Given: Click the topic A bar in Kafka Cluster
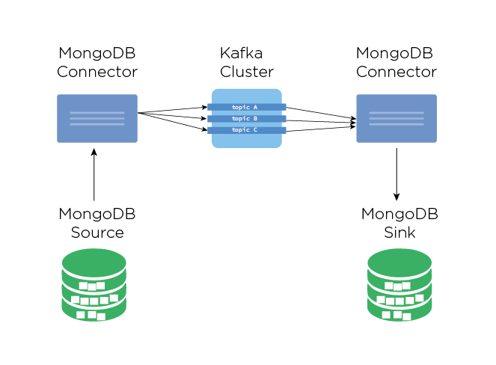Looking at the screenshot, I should (246, 107).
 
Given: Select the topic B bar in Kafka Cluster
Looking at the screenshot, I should (246, 118).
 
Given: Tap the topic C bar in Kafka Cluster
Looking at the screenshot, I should (246, 130).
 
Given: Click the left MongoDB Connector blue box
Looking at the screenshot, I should (97, 118).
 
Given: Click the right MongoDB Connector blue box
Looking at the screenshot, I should (397, 118).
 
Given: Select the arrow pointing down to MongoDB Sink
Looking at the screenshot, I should (397, 174).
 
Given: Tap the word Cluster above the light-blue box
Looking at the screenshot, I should (246, 73).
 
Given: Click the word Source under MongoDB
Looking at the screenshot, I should (97, 233).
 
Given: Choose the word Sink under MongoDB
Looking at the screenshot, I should (399, 233).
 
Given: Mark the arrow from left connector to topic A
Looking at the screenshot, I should (172, 110).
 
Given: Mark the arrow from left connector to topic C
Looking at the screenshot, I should (172, 121).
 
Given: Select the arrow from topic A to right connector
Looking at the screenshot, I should (320, 113).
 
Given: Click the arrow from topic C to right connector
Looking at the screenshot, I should (320, 126).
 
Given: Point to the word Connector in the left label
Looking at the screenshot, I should (97, 73).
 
